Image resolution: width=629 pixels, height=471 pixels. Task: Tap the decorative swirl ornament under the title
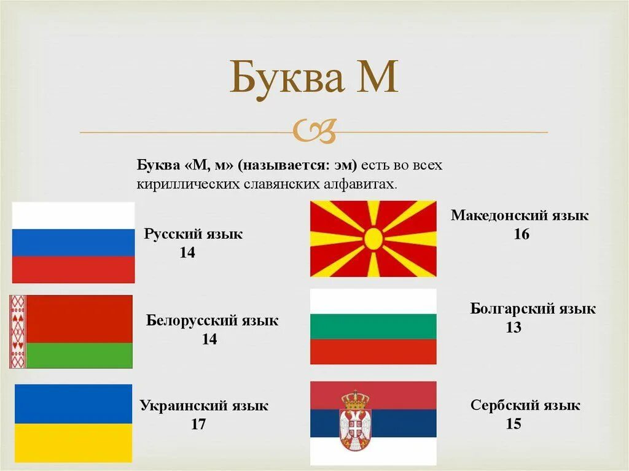(x=314, y=130)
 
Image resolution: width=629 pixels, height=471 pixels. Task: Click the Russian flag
(x=73, y=243)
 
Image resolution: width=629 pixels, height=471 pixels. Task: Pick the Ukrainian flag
(x=73, y=423)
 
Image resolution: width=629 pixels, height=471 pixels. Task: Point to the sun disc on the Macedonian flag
(x=373, y=238)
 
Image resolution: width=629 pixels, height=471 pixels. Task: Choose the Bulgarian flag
(x=373, y=327)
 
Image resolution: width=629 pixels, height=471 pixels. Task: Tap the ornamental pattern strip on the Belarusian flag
(x=17, y=332)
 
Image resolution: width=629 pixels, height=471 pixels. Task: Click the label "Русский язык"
(x=193, y=234)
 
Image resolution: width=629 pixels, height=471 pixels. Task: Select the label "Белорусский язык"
(x=212, y=321)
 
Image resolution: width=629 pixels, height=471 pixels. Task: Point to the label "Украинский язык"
(x=204, y=405)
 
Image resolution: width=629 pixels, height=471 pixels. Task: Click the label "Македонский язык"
(x=520, y=216)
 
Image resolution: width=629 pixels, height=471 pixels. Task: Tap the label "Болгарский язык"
(x=533, y=308)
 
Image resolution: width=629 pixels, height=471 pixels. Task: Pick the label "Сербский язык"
(x=525, y=405)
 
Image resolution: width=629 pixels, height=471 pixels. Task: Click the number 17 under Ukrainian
(x=198, y=424)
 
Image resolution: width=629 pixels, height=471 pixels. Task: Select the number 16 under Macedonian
(x=522, y=235)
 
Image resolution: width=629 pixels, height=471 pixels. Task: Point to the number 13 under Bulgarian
(x=514, y=328)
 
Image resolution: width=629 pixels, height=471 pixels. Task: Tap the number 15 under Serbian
(x=514, y=424)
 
